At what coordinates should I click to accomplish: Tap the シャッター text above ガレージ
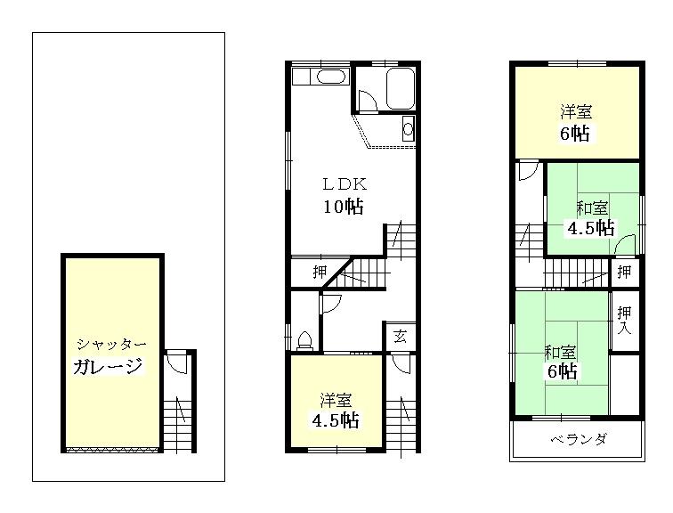tap(111, 344)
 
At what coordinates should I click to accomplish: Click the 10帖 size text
tap(343, 207)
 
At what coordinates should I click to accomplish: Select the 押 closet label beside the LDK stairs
tap(318, 273)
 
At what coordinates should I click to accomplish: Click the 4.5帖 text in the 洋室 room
tap(336, 419)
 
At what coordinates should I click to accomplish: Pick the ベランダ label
tap(577, 440)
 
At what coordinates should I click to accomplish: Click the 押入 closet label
tap(625, 321)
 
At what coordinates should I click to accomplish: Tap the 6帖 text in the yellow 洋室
tap(575, 134)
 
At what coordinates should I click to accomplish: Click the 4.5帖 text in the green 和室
tap(591, 227)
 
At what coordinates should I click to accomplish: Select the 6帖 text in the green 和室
tap(561, 370)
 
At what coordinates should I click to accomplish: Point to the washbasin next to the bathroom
tap(408, 128)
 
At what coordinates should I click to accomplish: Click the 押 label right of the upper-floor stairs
tap(625, 271)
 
